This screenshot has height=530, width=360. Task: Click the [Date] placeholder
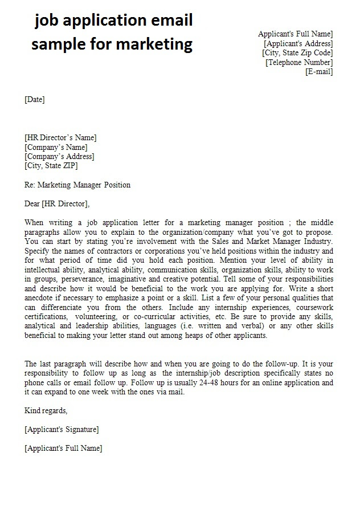(x=35, y=100)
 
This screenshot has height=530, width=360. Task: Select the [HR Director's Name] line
(x=61, y=137)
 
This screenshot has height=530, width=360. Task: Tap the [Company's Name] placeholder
(x=56, y=147)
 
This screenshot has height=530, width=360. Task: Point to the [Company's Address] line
(x=60, y=156)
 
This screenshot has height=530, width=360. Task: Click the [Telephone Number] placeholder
(x=299, y=62)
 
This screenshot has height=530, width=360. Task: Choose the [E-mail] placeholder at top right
(x=319, y=71)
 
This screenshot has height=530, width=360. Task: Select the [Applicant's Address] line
(x=298, y=43)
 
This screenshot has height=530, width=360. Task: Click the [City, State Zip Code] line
(x=297, y=52)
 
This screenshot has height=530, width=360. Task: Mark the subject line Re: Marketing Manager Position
(x=78, y=185)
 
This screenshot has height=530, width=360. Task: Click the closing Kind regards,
(x=46, y=410)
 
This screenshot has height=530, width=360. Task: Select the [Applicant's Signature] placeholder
(x=62, y=429)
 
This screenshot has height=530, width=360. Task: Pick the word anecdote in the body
(x=42, y=298)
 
